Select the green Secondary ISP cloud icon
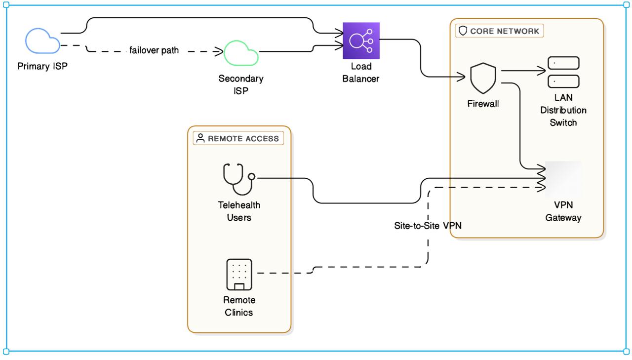coord(241,52)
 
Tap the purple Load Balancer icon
coord(361,40)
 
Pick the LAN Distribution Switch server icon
coord(563,72)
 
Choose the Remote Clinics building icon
coord(239,275)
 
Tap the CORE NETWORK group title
coord(504,31)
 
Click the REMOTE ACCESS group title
coord(244,138)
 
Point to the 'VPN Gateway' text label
coord(563,211)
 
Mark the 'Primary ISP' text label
coord(42,67)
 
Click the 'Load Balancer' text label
coord(361,72)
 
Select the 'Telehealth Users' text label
coord(239,211)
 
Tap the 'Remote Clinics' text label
coord(239,306)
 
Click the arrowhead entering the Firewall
coord(463,77)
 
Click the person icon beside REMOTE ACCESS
coord(200,138)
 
